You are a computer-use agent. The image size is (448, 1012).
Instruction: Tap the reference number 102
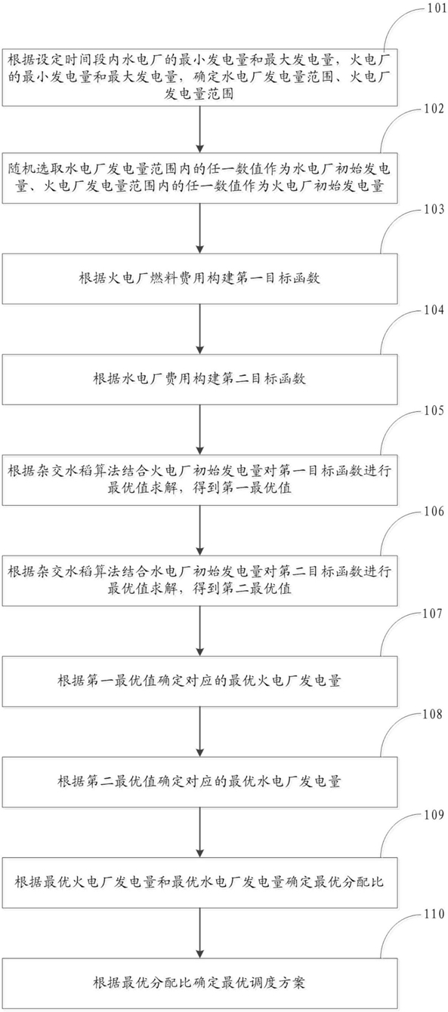click(x=434, y=109)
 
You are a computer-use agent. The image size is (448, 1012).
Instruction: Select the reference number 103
click(x=434, y=210)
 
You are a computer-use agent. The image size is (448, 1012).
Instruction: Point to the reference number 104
click(x=434, y=310)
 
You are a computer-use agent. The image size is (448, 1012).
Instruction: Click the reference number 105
click(x=434, y=411)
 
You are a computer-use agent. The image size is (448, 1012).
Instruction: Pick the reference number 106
click(x=434, y=512)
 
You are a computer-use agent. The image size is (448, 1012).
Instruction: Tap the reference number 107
click(x=434, y=614)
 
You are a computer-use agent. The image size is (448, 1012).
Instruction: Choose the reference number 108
click(x=434, y=714)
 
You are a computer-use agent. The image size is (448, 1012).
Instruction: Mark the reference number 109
click(x=434, y=815)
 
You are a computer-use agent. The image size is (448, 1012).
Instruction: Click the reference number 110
click(x=434, y=915)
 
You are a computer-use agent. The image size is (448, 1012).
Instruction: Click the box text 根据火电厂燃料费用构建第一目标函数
click(x=199, y=278)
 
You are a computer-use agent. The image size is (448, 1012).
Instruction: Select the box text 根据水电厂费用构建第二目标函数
click(x=199, y=379)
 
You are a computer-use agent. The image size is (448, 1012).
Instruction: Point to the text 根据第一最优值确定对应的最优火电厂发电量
click(x=199, y=681)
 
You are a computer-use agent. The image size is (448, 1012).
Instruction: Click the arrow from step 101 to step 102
click(x=199, y=130)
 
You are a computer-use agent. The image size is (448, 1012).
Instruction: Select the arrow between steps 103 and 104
click(x=199, y=329)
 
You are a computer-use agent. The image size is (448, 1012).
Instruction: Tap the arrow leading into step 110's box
click(x=199, y=934)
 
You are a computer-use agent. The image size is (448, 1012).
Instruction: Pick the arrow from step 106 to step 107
click(x=199, y=632)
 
